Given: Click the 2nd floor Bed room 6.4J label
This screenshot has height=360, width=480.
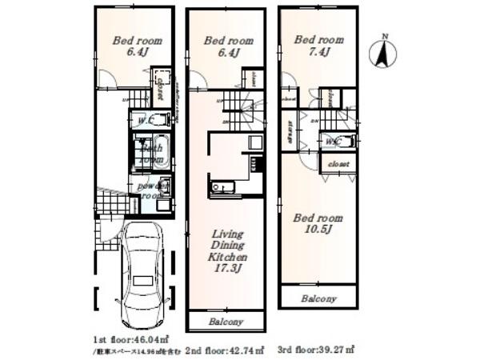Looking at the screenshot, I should (x=223, y=46).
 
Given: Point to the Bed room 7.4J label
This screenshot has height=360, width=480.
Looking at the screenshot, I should (x=318, y=45).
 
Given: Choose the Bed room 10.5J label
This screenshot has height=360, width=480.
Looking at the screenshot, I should (x=318, y=224).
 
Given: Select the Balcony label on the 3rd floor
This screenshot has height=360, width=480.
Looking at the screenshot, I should (x=318, y=298).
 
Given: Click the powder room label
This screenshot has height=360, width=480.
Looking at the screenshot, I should (x=150, y=190).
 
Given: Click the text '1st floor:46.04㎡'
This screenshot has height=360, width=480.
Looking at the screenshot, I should (x=129, y=339).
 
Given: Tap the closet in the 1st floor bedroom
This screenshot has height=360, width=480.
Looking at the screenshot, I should (x=161, y=88).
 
